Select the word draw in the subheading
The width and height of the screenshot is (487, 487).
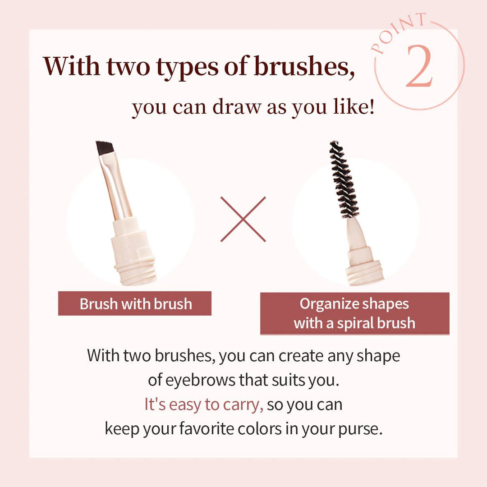click(238, 108)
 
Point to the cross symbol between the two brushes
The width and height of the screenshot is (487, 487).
click(243, 219)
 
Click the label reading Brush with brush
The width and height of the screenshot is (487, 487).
click(135, 303)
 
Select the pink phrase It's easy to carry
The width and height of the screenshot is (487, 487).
click(203, 404)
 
